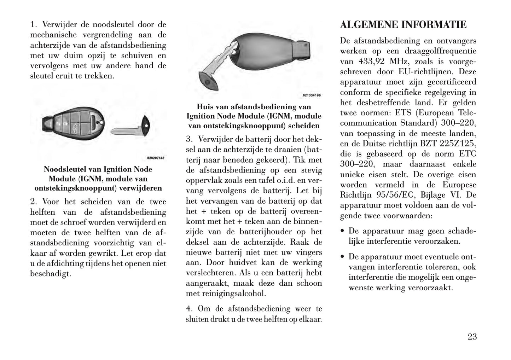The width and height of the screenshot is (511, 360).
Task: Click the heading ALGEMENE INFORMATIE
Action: (403, 25)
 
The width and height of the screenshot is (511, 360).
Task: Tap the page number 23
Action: (472, 337)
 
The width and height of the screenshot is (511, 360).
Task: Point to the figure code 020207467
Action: (156, 158)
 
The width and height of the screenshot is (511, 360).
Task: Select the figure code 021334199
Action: (312, 95)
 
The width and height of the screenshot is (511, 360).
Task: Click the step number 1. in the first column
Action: (34, 25)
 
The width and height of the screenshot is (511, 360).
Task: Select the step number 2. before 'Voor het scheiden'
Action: (34, 202)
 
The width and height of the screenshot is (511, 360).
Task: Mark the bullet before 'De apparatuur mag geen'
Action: (342, 231)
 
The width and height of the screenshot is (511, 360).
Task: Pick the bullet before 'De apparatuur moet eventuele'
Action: (342, 257)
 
